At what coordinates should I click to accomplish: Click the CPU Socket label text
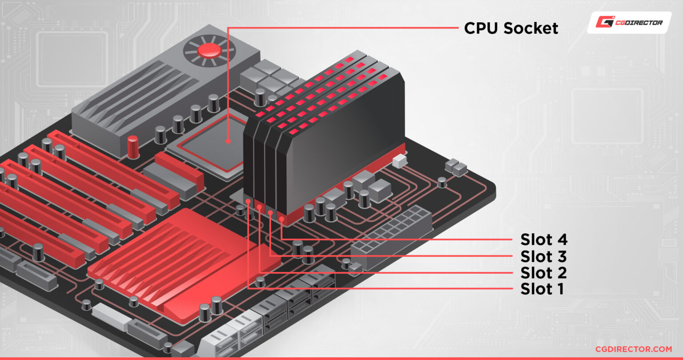point(511,28)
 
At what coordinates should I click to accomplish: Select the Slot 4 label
point(544,240)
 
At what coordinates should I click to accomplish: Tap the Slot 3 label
point(544,256)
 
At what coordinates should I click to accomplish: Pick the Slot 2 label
point(544,272)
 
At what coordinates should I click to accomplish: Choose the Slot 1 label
point(542,289)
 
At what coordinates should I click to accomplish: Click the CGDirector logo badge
point(629,22)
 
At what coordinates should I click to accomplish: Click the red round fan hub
point(209,51)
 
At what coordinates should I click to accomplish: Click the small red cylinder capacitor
point(133,147)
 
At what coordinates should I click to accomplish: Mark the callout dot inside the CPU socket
point(228,141)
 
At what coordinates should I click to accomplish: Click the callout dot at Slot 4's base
point(281,218)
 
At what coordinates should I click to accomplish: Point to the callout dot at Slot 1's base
point(248,201)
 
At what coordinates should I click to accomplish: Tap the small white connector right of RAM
point(400,160)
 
